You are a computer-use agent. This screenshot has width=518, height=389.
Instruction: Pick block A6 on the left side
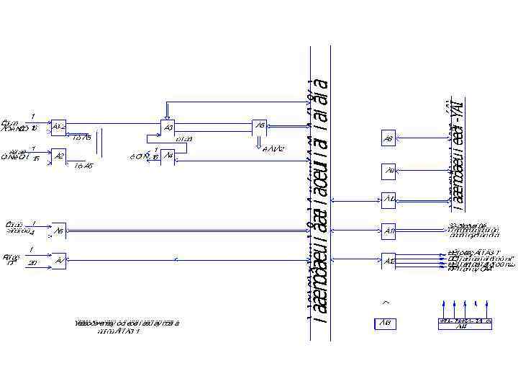click(59, 231)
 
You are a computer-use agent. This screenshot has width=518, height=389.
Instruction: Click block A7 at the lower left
click(59, 261)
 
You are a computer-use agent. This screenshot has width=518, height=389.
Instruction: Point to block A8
click(388, 139)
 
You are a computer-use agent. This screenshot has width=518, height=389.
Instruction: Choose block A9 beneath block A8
click(388, 171)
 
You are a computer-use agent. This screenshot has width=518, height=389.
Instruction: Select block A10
click(388, 198)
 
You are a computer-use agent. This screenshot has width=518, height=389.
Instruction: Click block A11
click(388, 231)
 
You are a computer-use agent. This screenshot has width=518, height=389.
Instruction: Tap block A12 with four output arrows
click(388, 261)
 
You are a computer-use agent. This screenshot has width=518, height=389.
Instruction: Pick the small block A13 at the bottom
click(385, 324)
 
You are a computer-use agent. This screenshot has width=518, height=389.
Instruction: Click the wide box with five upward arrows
click(465, 323)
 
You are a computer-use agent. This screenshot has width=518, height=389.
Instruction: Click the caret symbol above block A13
click(386, 302)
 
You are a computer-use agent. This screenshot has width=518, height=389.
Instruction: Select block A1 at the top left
click(59, 128)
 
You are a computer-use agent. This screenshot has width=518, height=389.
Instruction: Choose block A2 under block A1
click(59, 156)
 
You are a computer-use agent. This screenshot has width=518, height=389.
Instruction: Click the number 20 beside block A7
click(32, 264)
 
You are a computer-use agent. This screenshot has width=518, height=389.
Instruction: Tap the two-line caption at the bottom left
click(127, 327)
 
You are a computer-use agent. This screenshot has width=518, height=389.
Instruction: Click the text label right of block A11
click(473, 231)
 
